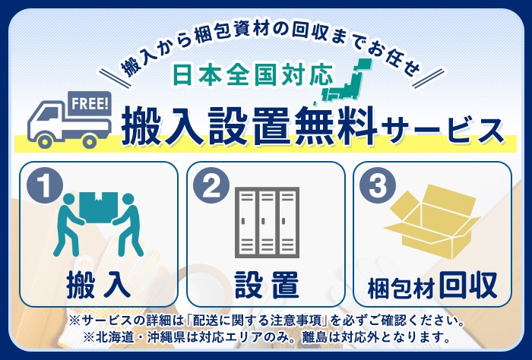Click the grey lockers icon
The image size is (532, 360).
click(265, 223)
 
